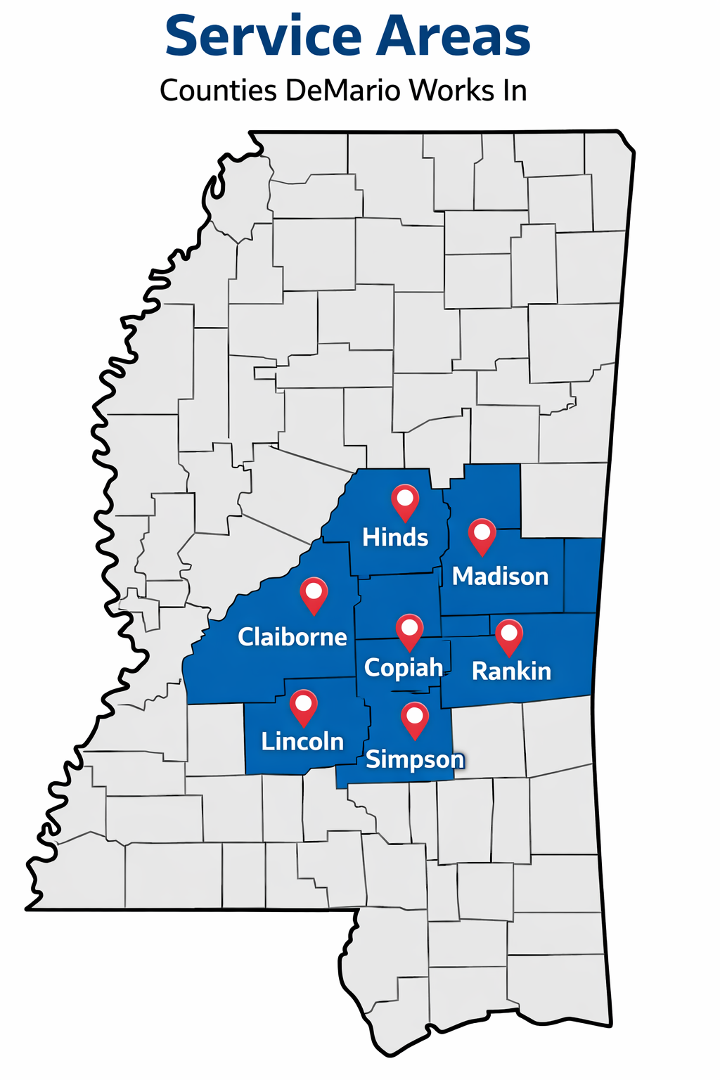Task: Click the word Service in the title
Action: (264, 37)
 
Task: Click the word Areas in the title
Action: (454, 37)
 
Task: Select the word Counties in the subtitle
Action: (218, 91)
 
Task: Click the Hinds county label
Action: (395, 538)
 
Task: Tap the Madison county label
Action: (500, 577)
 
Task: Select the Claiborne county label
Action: (292, 637)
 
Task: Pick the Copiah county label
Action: (404, 667)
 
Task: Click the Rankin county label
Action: (511, 671)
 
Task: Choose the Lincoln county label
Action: (302, 742)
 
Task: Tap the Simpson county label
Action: (415, 759)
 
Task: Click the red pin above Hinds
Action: (405, 501)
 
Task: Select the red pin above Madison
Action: (482, 535)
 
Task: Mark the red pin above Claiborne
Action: (314, 593)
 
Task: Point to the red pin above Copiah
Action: (410, 630)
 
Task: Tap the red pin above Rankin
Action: (509, 636)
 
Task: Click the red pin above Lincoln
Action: (304, 706)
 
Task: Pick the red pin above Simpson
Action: (415, 719)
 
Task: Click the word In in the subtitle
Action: (514, 91)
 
